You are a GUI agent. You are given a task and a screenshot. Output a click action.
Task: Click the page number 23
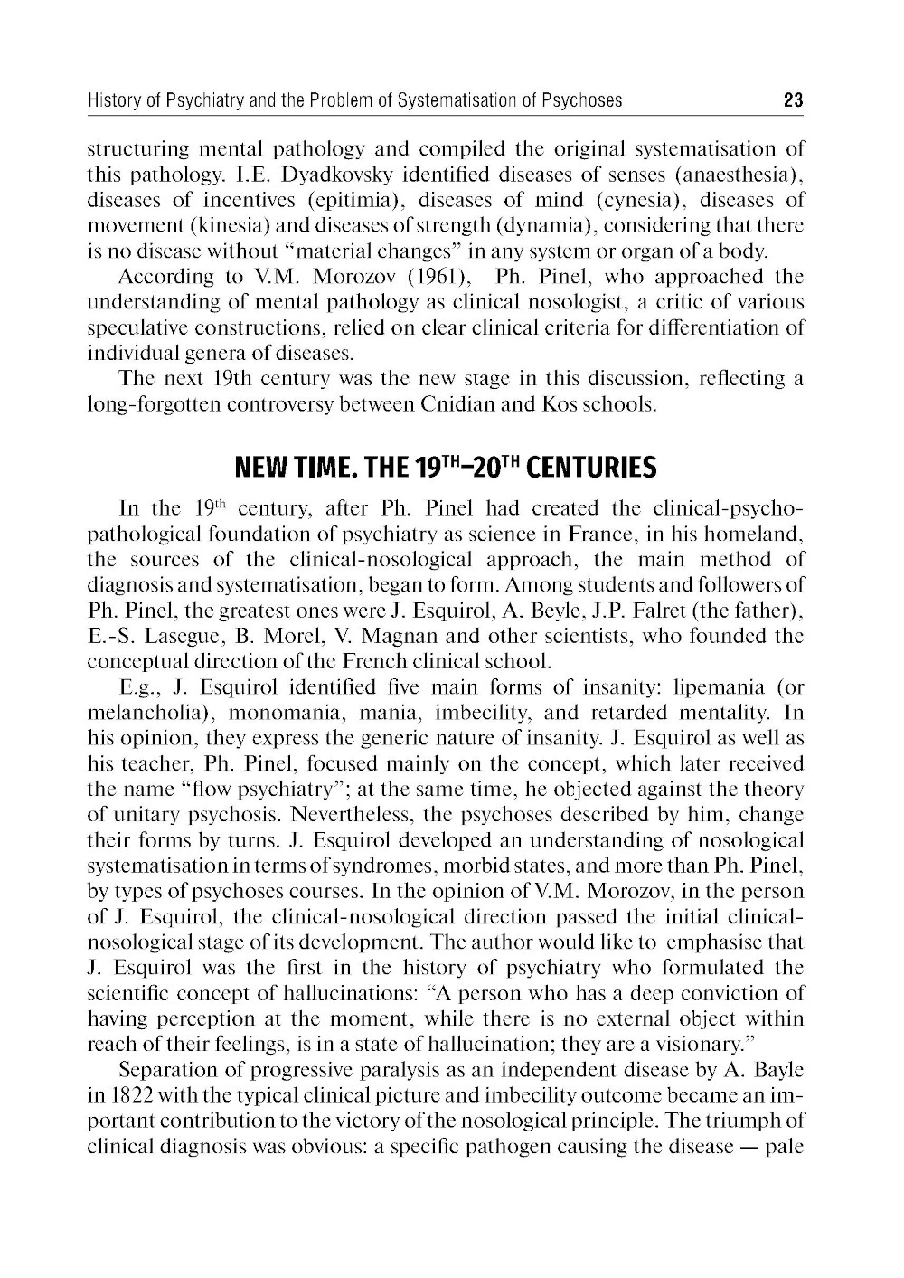coord(793,100)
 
